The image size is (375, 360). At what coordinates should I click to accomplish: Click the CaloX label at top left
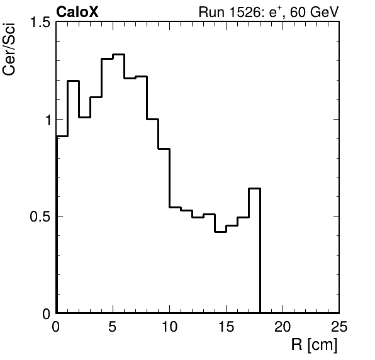pos(77,12)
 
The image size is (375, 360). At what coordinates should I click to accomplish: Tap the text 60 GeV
pos(314,12)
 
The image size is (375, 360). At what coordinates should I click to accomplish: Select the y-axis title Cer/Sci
pos(9,49)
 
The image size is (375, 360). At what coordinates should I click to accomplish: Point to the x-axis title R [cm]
pos(314,345)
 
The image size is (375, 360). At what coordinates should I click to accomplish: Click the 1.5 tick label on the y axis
pos(40,23)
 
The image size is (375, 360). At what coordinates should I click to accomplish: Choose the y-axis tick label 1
pos(49,120)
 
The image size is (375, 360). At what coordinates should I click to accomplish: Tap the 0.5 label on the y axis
pos(40,217)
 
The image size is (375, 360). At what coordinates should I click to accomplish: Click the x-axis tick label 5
pos(113,326)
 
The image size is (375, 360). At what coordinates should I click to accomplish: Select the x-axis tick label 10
pos(169,326)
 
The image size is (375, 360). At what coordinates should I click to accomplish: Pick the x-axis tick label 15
pos(226,326)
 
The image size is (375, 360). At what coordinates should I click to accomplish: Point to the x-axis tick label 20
pos(283,326)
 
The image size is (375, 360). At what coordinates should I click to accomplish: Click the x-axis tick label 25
pos(339,326)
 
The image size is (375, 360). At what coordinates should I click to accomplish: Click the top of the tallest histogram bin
pos(119,55)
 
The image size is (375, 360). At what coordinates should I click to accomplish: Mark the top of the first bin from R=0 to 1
pos(62,136)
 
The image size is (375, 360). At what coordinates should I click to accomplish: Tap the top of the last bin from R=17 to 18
pos(254,188)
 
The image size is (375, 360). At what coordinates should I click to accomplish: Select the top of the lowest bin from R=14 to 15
pos(220,232)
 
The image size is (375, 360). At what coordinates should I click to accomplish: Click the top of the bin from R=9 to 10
pos(164,149)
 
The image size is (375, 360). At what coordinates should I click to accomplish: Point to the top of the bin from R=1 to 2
pos(74,81)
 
